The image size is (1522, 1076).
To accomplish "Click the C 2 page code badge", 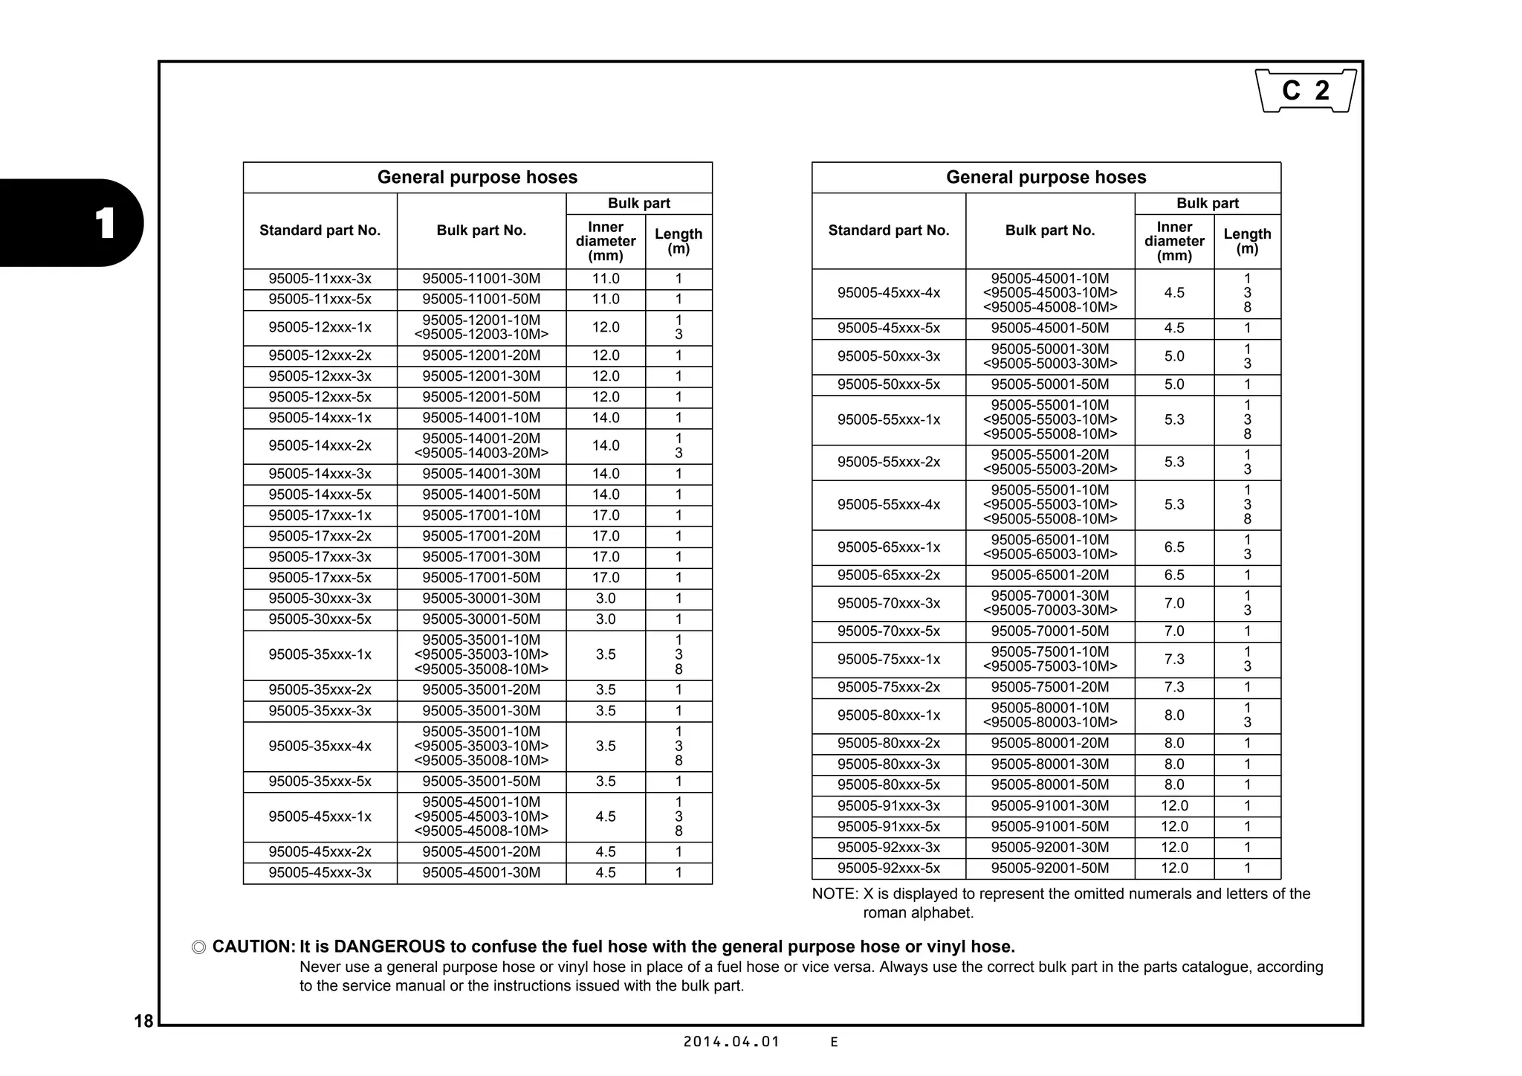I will pyautogui.click(x=1306, y=91).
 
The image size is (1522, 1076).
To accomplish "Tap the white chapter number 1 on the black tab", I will pyautogui.click(x=105, y=223).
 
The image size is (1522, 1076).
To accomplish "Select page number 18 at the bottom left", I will pyautogui.click(x=143, y=1021).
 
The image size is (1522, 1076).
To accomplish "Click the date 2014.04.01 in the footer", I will pyautogui.click(x=731, y=1042).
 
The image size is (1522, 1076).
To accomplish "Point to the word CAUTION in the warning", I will pyautogui.click(x=253, y=947).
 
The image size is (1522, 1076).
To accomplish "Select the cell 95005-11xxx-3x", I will pyautogui.click(x=320, y=279).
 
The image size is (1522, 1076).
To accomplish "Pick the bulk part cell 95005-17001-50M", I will pyautogui.click(x=481, y=578).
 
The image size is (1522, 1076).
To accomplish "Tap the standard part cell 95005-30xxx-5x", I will pyautogui.click(x=320, y=619).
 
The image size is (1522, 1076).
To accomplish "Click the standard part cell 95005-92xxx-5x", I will pyautogui.click(x=888, y=868).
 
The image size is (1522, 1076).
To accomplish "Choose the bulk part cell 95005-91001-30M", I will pyautogui.click(x=1049, y=805).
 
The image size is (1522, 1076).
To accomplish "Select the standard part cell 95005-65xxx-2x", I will pyautogui.click(x=888, y=575).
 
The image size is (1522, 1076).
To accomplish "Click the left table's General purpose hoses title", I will pyautogui.click(x=477, y=177).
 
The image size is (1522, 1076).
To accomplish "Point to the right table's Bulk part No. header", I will pyautogui.click(x=1049, y=231).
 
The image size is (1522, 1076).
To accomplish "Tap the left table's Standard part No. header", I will pyautogui.click(x=320, y=231).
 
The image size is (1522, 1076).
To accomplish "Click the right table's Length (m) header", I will pyautogui.click(x=1247, y=241).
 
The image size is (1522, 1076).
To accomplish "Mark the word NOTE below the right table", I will pyautogui.click(x=833, y=894).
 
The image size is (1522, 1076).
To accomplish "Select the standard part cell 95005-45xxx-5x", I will pyautogui.click(x=888, y=328).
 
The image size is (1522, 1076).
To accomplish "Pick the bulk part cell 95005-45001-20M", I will pyautogui.click(x=481, y=852).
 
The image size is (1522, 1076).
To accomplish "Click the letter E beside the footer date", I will pyautogui.click(x=834, y=1043).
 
